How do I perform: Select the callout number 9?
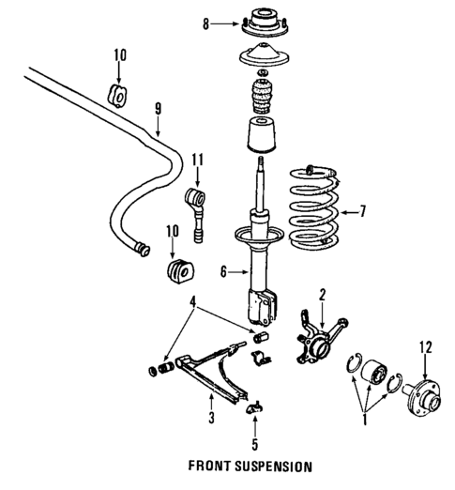159,111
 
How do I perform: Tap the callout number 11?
197,160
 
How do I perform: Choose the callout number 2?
322,295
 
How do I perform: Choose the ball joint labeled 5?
254,406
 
